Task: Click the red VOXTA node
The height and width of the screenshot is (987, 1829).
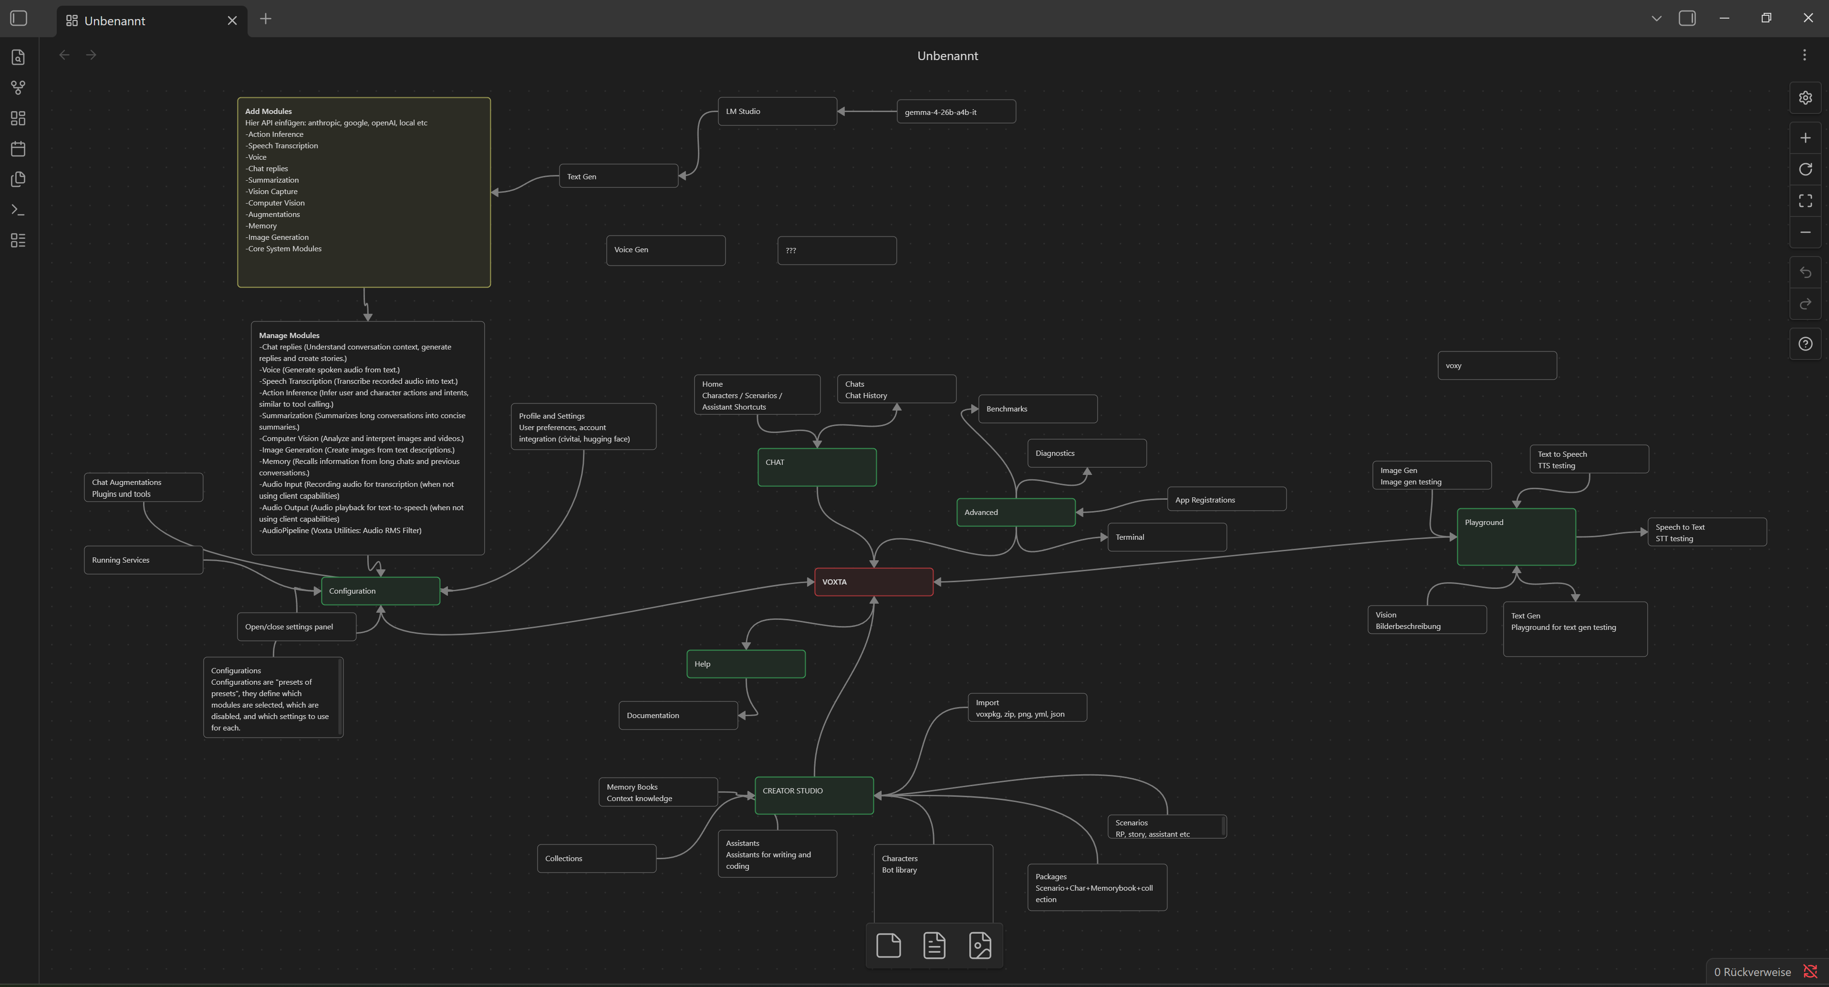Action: [x=873, y=582]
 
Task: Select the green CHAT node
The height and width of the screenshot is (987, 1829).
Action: [x=817, y=467]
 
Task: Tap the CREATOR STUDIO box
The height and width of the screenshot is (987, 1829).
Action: [x=814, y=795]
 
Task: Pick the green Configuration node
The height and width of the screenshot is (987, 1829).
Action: [x=381, y=591]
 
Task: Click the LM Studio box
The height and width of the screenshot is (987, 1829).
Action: [x=778, y=112]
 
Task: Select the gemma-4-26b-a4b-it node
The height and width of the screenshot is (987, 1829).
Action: [x=956, y=112]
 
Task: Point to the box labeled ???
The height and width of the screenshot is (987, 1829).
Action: [x=837, y=250]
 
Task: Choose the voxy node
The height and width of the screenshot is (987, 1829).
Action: [x=1497, y=365]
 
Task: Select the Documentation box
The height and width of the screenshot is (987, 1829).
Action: [x=678, y=715]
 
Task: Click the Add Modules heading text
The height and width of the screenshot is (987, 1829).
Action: [x=269, y=112]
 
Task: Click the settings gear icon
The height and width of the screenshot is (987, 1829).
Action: [x=1805, y=98]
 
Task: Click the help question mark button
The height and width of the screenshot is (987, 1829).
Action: [x=1805, y=344]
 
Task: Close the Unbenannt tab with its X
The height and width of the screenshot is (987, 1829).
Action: [x=232, y=21]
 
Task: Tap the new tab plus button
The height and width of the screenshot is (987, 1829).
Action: [x=266, y=19]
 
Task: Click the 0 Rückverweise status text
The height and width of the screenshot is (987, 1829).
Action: [x=1752, y=972]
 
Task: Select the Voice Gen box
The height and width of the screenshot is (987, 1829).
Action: [x=666, y=250]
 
